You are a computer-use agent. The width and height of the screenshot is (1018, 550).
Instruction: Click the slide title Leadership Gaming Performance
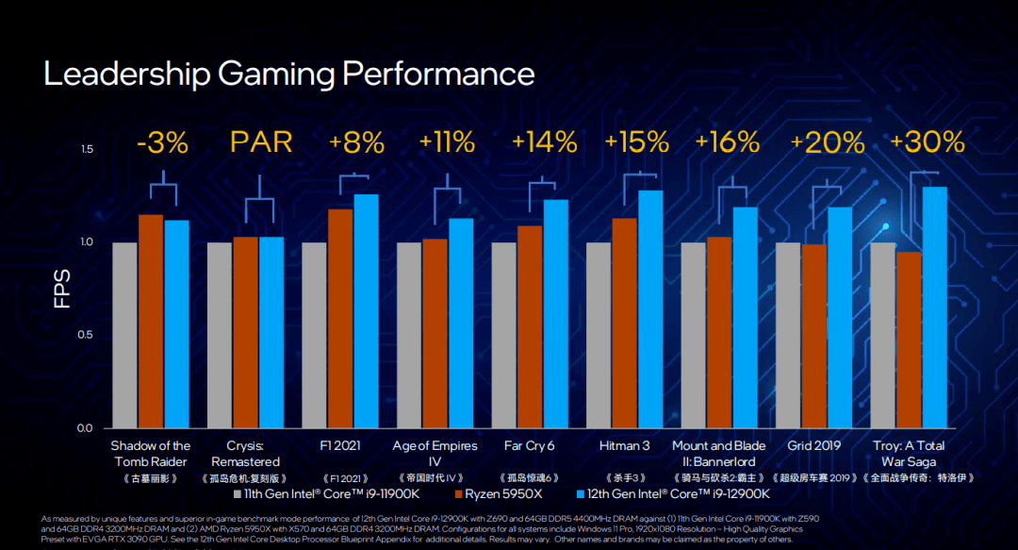[288, 74]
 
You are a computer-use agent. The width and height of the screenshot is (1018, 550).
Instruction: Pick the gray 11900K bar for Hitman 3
[599, 335]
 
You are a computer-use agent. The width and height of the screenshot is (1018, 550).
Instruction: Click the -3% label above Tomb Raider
[162, 143]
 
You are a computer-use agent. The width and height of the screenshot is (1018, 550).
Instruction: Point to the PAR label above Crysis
[261, 142]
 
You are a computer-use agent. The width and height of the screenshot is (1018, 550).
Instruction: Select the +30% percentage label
[927, 142]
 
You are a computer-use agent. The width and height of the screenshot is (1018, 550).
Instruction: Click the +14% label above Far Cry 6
[544, 142]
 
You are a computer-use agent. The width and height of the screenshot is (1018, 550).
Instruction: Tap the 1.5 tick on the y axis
[87, 150]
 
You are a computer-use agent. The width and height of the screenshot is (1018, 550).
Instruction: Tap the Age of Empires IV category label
[435, 454]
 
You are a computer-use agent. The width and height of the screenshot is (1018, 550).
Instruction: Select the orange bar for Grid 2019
[814, 336]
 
